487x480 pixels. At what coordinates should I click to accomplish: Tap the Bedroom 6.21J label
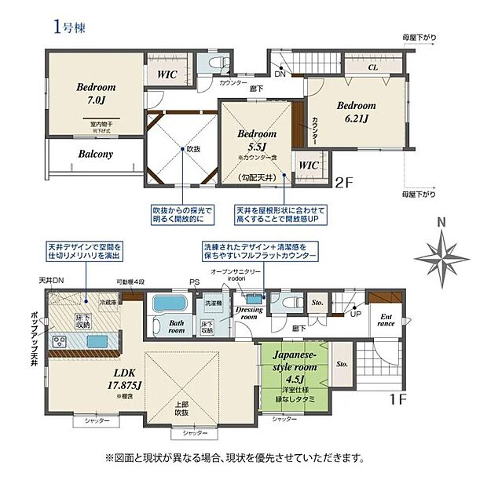(x=356, y=112)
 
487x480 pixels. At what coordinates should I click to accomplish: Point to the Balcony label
(x=95, y=155)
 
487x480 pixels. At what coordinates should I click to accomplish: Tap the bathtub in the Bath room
(x=166, y=304)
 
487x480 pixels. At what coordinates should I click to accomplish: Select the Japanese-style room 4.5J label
(x=295, y=375)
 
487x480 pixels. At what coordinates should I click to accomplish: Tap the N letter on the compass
(x=442, y=222)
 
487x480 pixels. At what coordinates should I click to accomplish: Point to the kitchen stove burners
(x=59, y=340)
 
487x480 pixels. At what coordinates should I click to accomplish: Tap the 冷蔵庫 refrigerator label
(x=108, y=301)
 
